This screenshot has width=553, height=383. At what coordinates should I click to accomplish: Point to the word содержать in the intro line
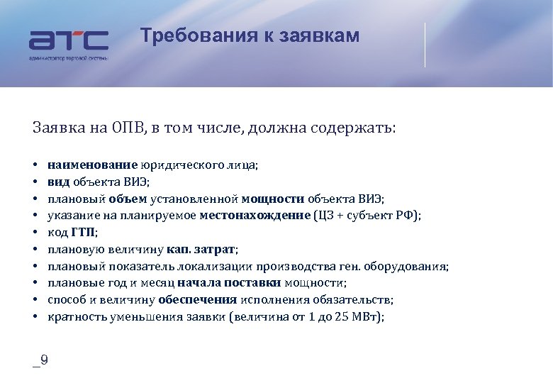pyautogui.click(x=358, y=128)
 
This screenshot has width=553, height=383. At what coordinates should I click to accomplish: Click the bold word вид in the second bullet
pyautogui.click(x=58, y=182)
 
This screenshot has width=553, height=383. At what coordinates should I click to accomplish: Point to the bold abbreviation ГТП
pyautogui.click(x=83, y=233)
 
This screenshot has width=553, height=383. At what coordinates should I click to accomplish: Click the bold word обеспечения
pyautogui.click(x=198, y=300)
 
